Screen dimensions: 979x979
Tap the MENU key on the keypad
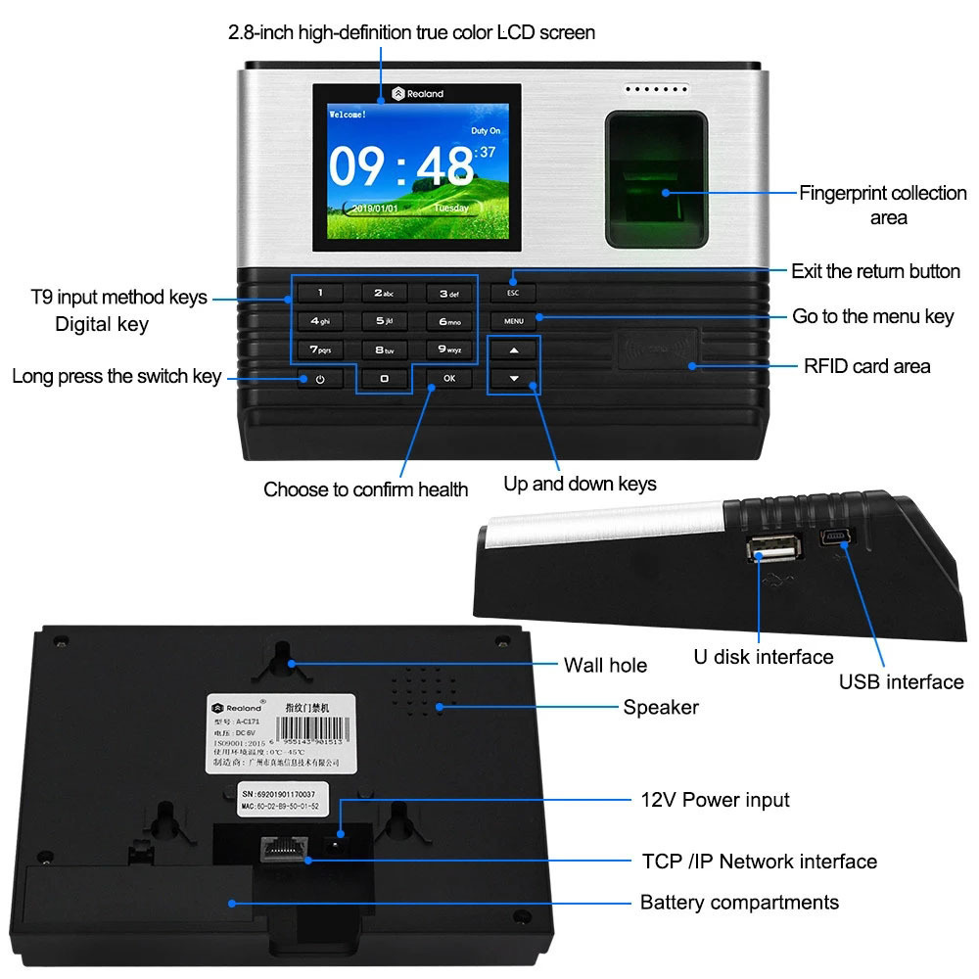click(514, 320)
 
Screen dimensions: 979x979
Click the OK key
click(449, 377)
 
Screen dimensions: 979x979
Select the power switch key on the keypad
click(319, 378)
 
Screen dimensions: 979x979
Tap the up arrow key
click(514, 350)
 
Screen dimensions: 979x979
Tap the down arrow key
click(514, 378)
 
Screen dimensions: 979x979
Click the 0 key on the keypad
click(385, 378)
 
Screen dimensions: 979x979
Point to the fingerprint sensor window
click(656, 178)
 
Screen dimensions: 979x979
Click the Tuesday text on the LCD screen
click(452, 208)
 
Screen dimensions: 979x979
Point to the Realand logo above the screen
click(418, 94)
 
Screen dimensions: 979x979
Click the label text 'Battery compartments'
click(739, 902)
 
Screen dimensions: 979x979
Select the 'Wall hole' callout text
click(605, 666)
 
